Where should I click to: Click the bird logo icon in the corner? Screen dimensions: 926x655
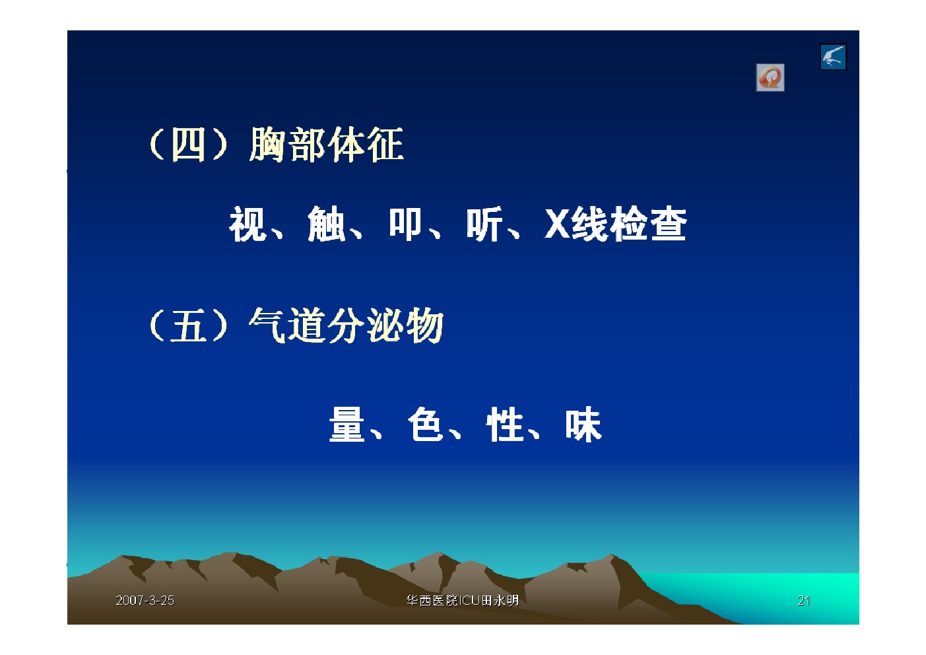pos(834,57)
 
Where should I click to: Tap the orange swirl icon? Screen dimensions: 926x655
pos(770,77)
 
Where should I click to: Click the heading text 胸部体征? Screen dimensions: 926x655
pos(326,145)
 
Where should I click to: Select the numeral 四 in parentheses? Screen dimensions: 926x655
pos(188,145)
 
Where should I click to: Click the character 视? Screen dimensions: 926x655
pos(248,223)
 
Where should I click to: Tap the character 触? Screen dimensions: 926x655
pos(326,223)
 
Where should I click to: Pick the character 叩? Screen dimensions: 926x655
pos(405,223)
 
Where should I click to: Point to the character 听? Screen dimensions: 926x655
pos(484,223)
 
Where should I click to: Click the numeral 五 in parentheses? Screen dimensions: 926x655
pos(188,326)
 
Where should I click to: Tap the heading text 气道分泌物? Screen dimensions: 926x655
pos(346,326)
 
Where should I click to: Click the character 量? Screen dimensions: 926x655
pos(347,425)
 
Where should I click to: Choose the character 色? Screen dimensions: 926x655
pos(426,425)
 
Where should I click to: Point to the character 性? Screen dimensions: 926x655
pos(504,425)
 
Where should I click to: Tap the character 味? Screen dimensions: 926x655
pos(583,425)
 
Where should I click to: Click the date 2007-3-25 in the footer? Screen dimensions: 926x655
pos(145,600)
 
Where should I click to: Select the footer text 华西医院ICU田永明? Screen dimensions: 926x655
pos(463,600)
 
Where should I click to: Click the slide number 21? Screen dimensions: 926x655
pos(804,600)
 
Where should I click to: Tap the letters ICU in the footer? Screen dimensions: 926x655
pos(470,600)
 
